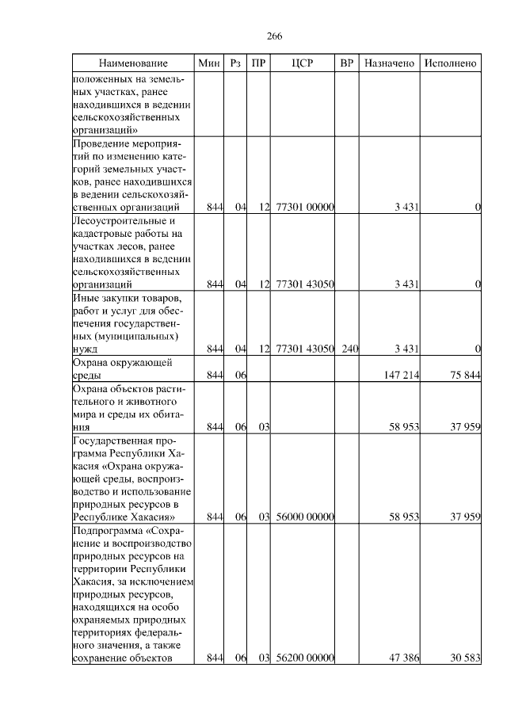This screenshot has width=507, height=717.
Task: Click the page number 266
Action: pyautogui.click(x=275, y=36)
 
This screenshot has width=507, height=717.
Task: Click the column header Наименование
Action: pyautogui.click(x=133, y=63)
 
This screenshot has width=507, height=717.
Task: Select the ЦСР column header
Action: pyautogui.click(x=303, y=63)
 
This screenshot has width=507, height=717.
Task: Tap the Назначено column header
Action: pyautogui.click(x=389, y=63)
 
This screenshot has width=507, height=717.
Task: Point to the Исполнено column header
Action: pyautogui.click(x=450, y=63)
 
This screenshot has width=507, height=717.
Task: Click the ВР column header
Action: pyautogui.click(x=346, y=63)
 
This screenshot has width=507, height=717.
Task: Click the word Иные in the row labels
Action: pyautogui.click(x=85, y=298)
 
